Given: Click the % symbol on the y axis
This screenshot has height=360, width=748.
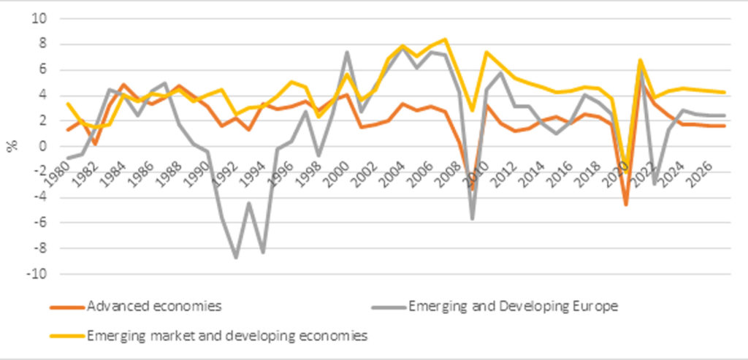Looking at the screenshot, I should click(x=12, y=146).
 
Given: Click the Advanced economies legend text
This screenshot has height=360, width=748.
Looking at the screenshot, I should click(x=153, y=306).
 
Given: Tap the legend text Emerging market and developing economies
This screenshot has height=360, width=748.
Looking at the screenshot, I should click(x=226, y=336).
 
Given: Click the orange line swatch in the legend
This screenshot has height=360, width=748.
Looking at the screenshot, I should click(x=66, y=307).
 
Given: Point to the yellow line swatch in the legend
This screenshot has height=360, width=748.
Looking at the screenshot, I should click(x=66, y=337).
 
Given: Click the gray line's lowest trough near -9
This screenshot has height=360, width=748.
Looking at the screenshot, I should click(x=236, y=257).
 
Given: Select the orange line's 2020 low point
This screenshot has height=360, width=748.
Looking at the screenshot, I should click(x=626, y=204).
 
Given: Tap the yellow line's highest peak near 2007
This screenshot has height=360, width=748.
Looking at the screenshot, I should click(x=445, y=39).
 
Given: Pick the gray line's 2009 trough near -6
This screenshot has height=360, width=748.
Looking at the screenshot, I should click(x=473, y=218).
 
